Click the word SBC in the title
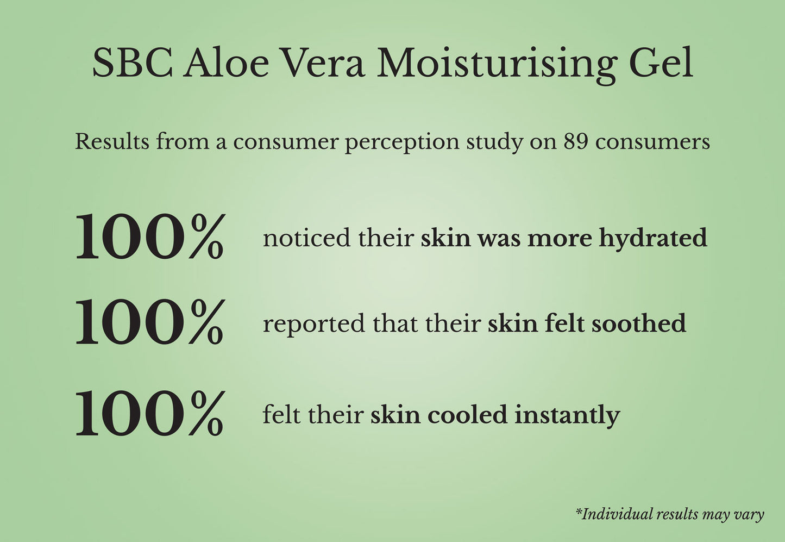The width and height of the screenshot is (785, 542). coord(133,63)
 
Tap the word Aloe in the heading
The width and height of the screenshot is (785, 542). coord(227,63)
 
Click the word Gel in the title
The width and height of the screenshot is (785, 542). coord(662,63)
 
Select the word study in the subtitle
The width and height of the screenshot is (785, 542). coord(494,144)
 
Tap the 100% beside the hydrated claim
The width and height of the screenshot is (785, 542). coord(149,236)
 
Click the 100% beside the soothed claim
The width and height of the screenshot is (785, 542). coord(149,321)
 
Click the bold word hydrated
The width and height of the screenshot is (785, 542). coord(653,239)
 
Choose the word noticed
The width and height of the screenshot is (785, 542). coord(306,238)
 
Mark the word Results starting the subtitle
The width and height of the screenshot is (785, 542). coord(112,142)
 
